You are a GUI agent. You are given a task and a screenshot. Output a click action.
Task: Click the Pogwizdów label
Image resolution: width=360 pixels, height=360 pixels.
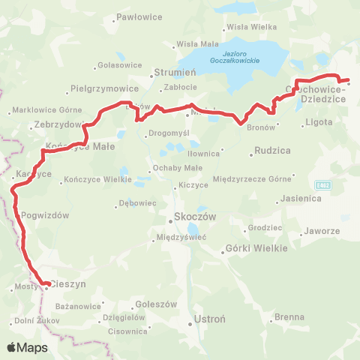pos(46,214)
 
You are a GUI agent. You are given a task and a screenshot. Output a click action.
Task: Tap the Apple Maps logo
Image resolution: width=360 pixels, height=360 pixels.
pos(27,347)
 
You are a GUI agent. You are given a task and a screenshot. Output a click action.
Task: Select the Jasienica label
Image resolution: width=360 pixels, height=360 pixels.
pos(300,199)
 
